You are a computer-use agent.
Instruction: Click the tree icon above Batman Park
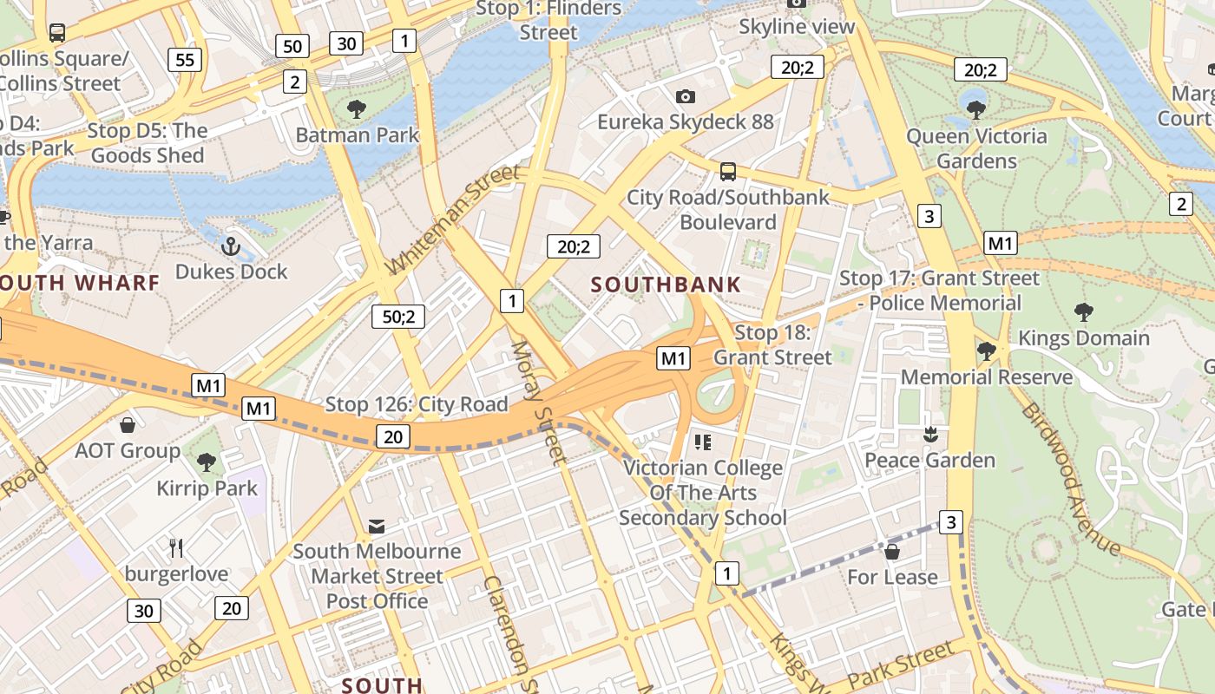point(356,109)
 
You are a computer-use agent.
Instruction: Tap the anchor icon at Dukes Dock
point(230,246)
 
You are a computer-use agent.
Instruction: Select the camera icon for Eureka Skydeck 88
point(685,96)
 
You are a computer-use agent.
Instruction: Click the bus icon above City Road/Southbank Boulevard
point(728,172)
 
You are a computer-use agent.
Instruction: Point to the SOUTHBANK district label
point(667,285)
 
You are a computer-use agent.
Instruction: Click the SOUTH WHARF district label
point(80,283)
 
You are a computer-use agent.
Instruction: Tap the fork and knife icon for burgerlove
point(176,548)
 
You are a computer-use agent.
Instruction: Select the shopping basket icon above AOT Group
point(128,425)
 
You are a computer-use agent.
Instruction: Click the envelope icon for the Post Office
point(377,526)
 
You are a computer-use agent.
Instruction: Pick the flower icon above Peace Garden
point(930,435)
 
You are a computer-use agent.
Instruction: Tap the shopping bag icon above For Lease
point(891,552)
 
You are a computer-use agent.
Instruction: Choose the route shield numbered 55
point(185,60)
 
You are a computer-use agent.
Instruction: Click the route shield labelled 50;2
point(398,317)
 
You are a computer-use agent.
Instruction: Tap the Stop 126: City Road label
point(416,404)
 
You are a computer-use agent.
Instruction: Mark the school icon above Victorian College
point(702,443)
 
